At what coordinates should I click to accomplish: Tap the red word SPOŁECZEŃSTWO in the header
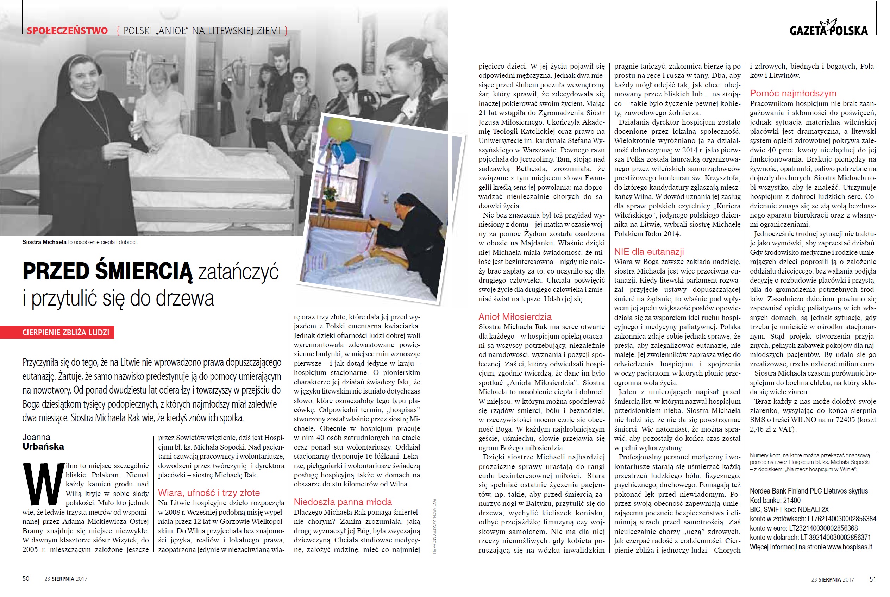click(x=67, y=31)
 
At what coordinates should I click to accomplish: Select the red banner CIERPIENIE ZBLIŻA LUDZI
click(x=65, y=332)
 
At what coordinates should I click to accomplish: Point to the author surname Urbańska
click(x=43, y=447)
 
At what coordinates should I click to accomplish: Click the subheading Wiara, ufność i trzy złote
click(x=209, y=493)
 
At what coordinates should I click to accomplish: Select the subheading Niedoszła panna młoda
click(x=343, y=502)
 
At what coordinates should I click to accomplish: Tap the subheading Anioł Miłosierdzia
click(x=515, y=317)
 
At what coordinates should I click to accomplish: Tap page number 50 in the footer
click(x=26, y=579)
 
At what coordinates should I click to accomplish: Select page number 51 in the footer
click(x=873, y=579)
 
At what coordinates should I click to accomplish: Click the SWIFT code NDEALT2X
click(x=815, y=510)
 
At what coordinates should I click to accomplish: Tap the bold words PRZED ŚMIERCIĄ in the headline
click(x=108, y=271)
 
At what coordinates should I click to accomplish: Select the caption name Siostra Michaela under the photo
click(x=44, y=242)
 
